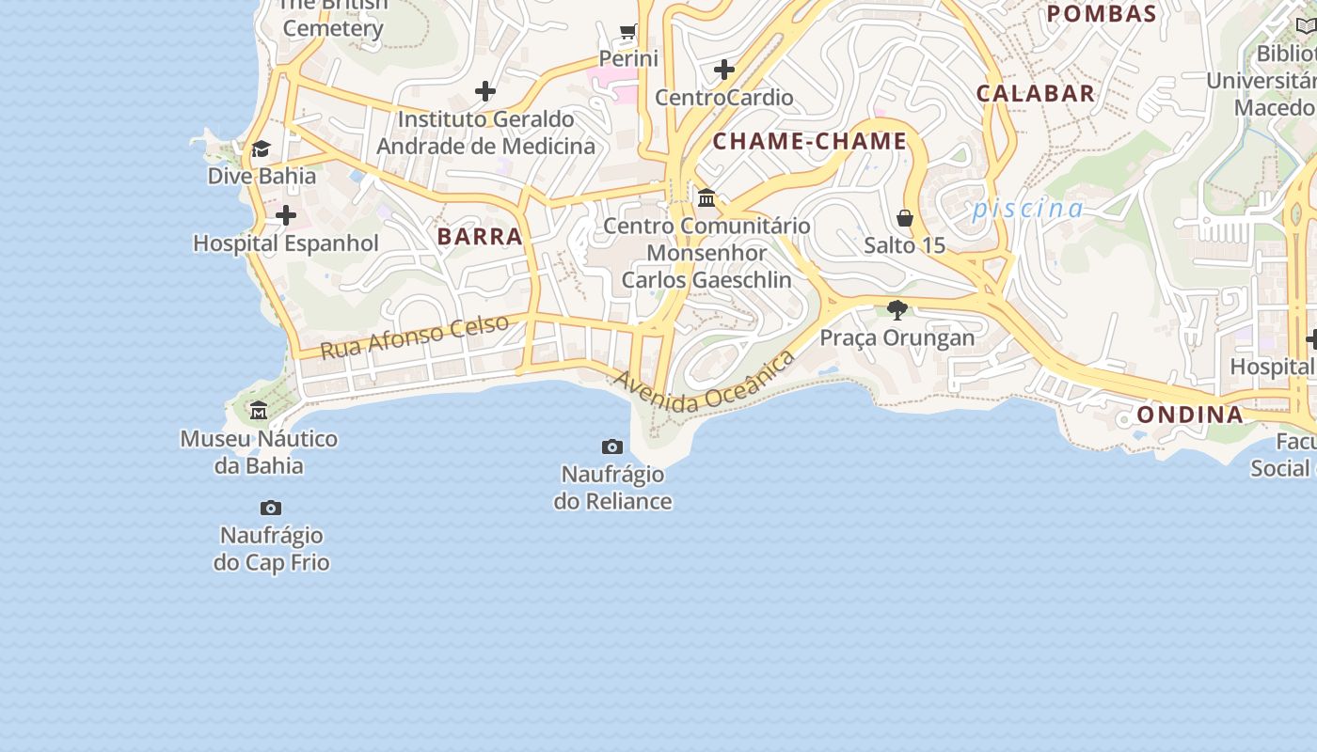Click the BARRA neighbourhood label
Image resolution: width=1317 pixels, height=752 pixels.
tap(480, 236)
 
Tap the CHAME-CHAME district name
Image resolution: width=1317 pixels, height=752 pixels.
tap(810, 142)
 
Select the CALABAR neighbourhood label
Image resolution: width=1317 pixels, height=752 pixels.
tap(1036, 93)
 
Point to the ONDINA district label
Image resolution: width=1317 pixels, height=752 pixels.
tap(1190, 415)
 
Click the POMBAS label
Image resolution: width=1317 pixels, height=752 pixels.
tap(1102, 13)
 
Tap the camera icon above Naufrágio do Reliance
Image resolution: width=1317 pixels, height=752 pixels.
tap(612, 446)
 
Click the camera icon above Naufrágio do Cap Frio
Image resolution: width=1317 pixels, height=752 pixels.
tap(271, 509)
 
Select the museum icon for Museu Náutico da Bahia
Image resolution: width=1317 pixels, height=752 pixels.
tap(259, 410)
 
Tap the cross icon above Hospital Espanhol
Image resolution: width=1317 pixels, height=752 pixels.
tap(286, 216)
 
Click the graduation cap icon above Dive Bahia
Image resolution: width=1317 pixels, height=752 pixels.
tap(261, 149)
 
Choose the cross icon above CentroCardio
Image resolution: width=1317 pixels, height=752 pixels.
tap(724, 70)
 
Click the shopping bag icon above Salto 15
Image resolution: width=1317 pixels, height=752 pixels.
tap(905, 218)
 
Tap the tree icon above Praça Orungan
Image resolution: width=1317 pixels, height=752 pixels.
tap(897, 309)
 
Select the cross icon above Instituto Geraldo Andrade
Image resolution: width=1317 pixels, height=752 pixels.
tap(485, 91)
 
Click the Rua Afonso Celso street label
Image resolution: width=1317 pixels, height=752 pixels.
tap(415, 337)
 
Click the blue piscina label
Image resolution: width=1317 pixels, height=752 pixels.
tap(1027, 208)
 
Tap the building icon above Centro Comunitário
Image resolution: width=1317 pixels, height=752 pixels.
tap(706, 197)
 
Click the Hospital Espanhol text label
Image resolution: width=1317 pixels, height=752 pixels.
tap(286, 243)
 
